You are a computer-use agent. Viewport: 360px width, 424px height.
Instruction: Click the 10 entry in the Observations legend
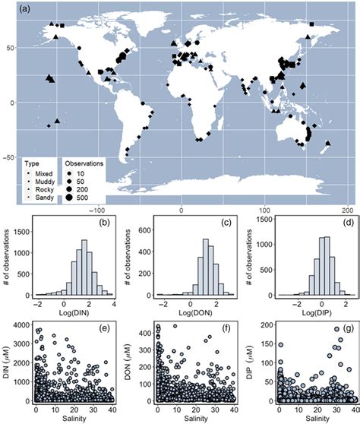(x=81, y=172)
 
